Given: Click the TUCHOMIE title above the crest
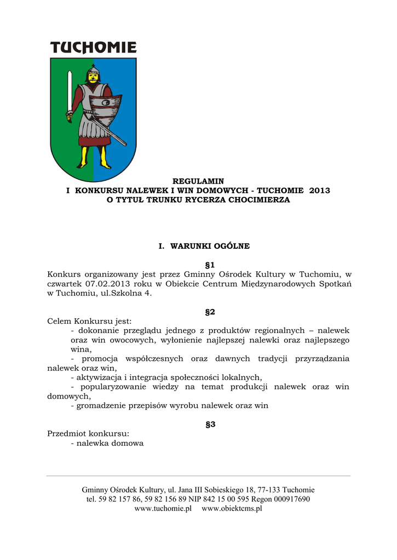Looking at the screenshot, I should coord(93,48).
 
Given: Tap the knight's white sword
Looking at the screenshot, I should coord(70,93).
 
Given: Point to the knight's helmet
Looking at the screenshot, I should coord(94,72).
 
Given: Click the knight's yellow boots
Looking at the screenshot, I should coord(93,159).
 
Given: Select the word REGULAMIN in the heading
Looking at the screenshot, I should coord(198,181).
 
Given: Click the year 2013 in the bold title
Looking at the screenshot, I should coord(319,191).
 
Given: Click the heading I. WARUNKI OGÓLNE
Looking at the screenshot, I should coord(204,246).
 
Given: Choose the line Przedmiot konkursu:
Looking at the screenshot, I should coord(88,434).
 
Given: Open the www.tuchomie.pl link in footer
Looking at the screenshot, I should coord(163,508).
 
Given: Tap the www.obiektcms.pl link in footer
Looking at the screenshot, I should coord(232,508).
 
